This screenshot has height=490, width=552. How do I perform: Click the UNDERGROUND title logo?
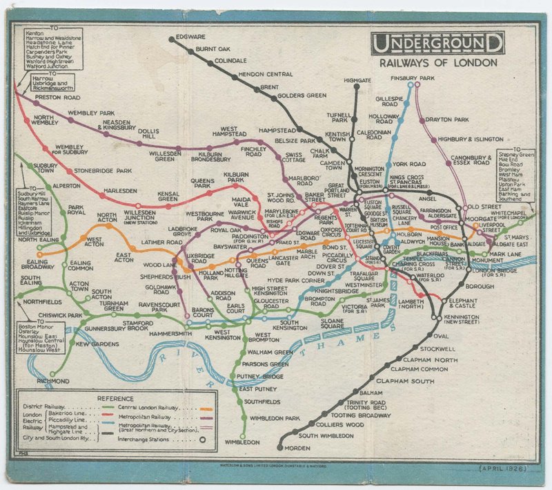[437, 44]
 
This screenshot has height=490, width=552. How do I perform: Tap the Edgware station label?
[191, 37]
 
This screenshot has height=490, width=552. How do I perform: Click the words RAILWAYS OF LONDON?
[437, 62]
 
